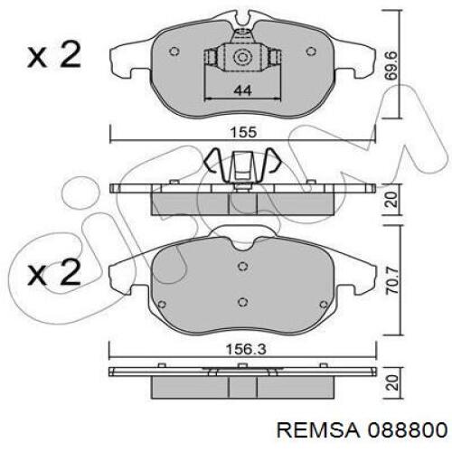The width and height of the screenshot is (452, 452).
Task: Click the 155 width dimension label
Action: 243,132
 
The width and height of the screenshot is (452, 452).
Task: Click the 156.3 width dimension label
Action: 246,350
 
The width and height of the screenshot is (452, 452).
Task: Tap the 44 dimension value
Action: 243,90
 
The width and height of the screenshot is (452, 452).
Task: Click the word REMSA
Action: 318,430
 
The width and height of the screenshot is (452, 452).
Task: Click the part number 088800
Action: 408,430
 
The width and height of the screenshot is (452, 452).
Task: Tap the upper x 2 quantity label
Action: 54,55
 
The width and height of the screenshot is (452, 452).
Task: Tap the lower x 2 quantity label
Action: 54,273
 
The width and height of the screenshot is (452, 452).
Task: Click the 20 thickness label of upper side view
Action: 392,199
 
